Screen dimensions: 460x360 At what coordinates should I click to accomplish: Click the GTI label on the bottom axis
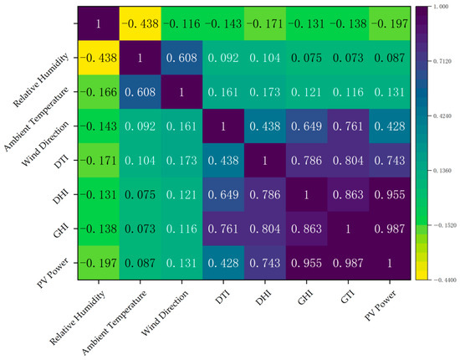pyautogui.click(x=348, y=297)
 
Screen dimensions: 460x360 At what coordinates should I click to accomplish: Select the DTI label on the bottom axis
pyautogui.click(x=222, y=297)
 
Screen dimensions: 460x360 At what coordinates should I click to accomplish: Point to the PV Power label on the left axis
pyautogui.click(x=53, y=273)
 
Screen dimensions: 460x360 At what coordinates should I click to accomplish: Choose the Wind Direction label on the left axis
pyautogui.click(x=45, y=144)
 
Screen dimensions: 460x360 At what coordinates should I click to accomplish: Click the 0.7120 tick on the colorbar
pyautogui.click(x=442, y=61)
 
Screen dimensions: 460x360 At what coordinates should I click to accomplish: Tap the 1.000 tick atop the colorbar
pyautogui.click(x=441, y=7)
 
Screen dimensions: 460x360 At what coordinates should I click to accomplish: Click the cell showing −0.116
pyautogui.click(x=181, y=23)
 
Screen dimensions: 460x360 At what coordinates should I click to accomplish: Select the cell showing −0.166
pyautogui.click(x=99, y=92)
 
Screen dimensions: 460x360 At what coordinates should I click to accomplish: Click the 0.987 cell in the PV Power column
pyautogui.click(x=390, y=229)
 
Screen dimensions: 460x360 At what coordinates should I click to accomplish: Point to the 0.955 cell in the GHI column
pyautogui.click(x=307, y=263)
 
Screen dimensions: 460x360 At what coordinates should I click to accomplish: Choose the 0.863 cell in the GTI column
pyautogui.click(x=348, y=194)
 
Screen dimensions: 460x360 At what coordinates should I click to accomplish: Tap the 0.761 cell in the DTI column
pyautogui.click(x=223, y=229)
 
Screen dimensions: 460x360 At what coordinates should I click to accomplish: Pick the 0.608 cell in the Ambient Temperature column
pyautogui.click(x=140, y=92)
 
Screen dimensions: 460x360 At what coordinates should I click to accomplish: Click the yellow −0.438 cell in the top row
pyautogui.click(x=140, y=23)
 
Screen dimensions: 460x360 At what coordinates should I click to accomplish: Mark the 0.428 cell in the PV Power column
pyautogui.click(x=390, y=126)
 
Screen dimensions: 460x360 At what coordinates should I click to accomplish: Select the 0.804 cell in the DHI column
pyautogui.click(x=265, y=229)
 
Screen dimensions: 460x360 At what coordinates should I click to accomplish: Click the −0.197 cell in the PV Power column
pyautogui.click(x=390, y=23)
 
